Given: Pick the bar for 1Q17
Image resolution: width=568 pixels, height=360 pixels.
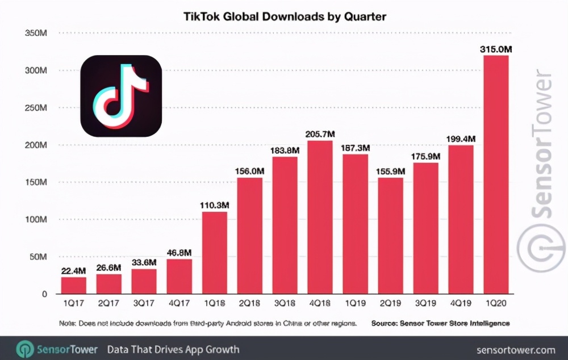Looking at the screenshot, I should (x=74, y=285).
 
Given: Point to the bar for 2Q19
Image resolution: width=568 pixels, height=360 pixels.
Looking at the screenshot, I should (x=390, y=236).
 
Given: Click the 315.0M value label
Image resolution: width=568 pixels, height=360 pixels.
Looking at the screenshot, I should (x=495, y=49).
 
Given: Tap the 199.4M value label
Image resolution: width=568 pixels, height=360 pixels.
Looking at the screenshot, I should (x=460, y=139).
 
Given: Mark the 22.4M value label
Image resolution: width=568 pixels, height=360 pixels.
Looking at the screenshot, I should (x=74, y=270).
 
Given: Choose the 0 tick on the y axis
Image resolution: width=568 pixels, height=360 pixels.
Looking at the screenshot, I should (x=43, y=294).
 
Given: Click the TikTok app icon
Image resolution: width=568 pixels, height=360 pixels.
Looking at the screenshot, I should (x=121, y=96).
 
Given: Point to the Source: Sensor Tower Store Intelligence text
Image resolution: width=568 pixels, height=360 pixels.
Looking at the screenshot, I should (x=440, y=323).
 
